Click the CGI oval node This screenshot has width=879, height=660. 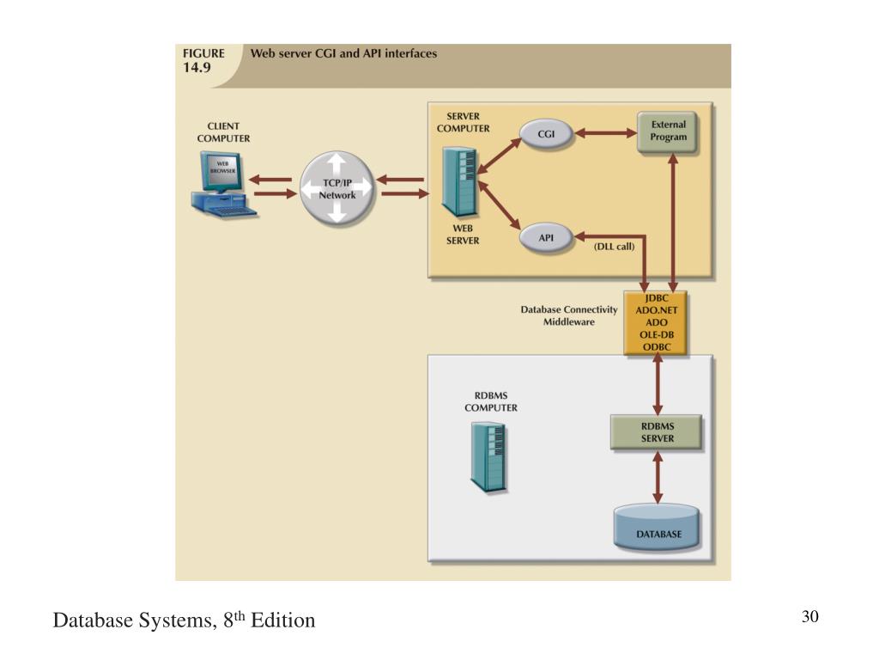coord(545,134)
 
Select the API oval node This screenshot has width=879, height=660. coord(545,238)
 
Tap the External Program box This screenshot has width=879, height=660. coord(667,131)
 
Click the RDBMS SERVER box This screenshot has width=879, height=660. coord(656,432)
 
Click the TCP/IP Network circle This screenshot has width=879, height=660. coord(336,188)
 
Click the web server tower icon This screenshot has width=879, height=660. coord(459,181)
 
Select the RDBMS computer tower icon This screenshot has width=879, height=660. coord(488,457)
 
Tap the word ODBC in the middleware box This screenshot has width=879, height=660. coord(657,347)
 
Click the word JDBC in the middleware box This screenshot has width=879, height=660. coord(657,298)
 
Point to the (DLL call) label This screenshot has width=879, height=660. coord(614,247)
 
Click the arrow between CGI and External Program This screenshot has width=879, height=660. coord(605,133)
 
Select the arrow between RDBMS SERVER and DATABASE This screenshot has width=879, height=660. coord(658,478)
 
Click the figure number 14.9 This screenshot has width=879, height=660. coord(197,68)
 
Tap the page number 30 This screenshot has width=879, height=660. coord(810,616)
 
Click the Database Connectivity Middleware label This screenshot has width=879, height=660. coord(569,315)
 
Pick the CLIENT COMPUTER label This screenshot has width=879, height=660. coord(223,132)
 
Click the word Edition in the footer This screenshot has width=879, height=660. coord(283,620)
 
